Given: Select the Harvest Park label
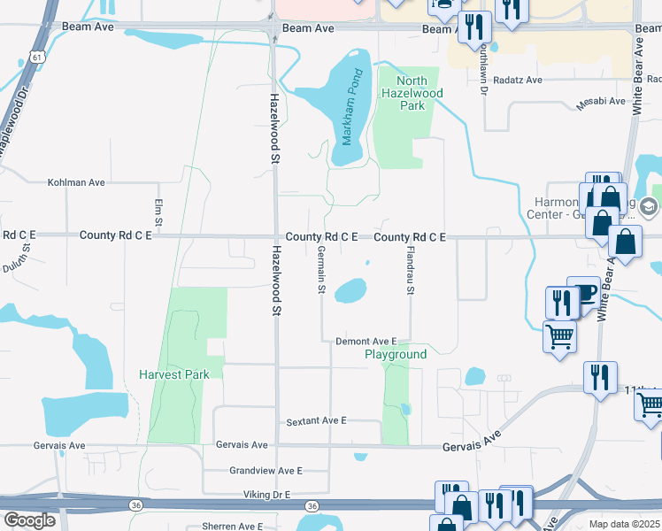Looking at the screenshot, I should pyautogui.click(x=174, y=374).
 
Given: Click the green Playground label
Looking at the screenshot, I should pyautogui.click(x=396, y=354).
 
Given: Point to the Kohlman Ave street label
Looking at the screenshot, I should pyautogui.click(x=76, y=182).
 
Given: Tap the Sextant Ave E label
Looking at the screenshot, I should pyautogui.click(x=316, y=422).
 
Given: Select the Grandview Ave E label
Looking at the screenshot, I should pyautogui.click(x=266, y=471).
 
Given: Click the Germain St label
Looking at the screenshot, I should pyautogui.click(x=322, y=270).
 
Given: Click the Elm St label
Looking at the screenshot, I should pyautogui.click(x=159, y=212).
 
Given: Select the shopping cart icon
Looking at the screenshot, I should pyautogui.click(x=559, y=336).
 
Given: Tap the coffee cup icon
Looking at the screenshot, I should pyautogui.click(x=585, y=294).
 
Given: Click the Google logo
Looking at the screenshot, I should pyautogui.click(x=28, y=519).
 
